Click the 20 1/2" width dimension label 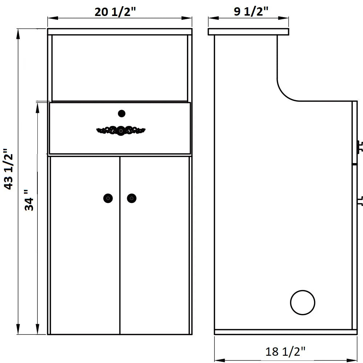click(115, 12)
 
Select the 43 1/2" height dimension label click(9, 169)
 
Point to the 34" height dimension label click(29, 200)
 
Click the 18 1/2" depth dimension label click(285, 351)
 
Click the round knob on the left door click(108, 198)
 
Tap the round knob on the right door click(132, 198)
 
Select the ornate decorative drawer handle click(121, 131)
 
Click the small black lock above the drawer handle click(122, 114)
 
